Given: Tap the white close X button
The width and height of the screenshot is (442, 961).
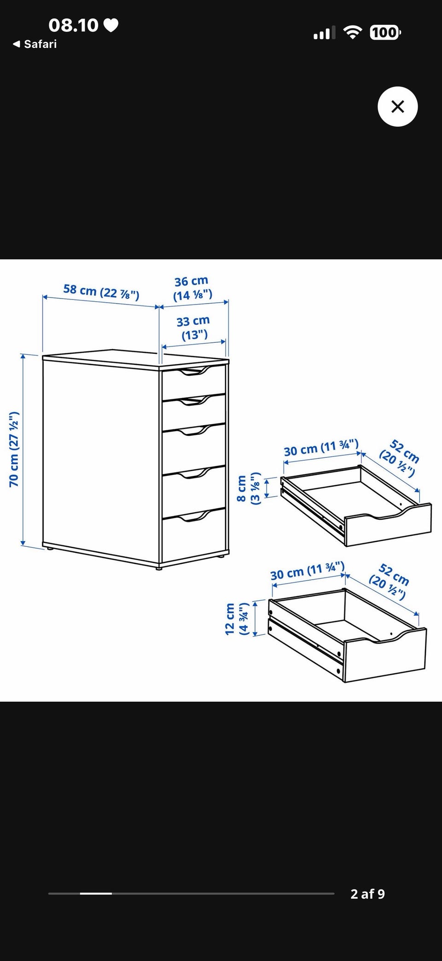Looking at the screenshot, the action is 397,106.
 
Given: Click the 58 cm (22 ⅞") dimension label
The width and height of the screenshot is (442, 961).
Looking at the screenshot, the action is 101,292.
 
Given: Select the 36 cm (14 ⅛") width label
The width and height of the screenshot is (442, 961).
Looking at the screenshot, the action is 192,288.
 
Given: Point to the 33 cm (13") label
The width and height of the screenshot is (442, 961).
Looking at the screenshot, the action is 193,328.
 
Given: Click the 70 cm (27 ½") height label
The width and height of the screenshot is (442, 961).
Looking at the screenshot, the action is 14,449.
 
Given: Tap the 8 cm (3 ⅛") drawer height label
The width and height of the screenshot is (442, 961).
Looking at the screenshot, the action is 248,489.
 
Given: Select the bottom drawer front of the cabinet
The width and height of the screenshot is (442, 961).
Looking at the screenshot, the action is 193,536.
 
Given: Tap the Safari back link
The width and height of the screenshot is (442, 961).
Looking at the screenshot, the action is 35,44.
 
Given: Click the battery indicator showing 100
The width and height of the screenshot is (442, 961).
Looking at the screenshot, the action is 385,32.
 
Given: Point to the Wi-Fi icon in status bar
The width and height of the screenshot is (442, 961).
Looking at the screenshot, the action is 353,32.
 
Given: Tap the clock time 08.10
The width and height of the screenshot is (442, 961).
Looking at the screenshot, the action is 73,25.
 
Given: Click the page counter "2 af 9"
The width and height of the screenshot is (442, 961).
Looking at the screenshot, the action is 367,894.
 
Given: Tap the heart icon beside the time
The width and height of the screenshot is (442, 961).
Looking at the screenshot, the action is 110,25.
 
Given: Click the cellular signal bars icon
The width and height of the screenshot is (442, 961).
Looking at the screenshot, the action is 325,33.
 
